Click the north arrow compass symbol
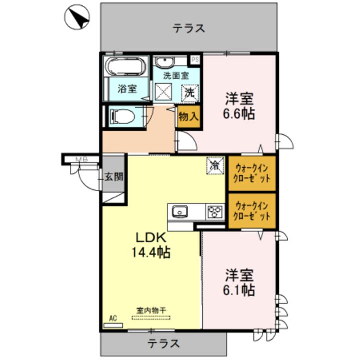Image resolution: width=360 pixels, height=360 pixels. pos(77,17)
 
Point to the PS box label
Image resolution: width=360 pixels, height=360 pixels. pos(195,60)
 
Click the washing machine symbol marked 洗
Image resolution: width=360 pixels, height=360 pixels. pos(190,93)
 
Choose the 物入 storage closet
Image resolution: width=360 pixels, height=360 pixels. pos(188,117)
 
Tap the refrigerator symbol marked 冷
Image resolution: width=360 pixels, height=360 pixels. pos(215,166)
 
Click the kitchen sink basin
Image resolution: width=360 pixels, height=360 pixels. pos(180,212)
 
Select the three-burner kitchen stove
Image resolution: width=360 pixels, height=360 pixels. pos(215,212)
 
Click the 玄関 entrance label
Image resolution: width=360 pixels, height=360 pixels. pos(114,177)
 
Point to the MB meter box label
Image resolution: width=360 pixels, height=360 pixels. pos(82,159)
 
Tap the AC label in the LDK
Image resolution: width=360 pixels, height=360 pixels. pos(113,318)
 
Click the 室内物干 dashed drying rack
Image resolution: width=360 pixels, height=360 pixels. pos(151,318)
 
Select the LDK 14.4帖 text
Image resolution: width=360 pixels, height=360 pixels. pos(151,245)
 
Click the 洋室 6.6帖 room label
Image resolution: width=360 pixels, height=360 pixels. pos(239,106)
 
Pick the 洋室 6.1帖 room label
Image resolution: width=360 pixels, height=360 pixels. pos(239,282)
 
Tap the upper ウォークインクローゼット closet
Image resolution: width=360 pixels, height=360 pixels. pos(252,174)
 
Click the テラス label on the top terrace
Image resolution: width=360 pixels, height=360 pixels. pos(188,28)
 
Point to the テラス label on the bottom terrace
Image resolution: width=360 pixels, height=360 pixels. pos(163,343)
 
